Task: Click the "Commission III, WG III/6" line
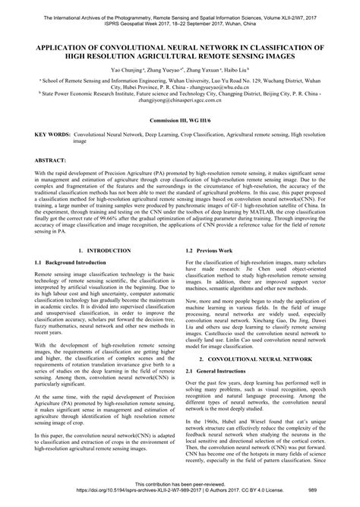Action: click(x=180, y=121)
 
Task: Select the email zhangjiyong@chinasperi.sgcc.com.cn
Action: click(x=180, y=102)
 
